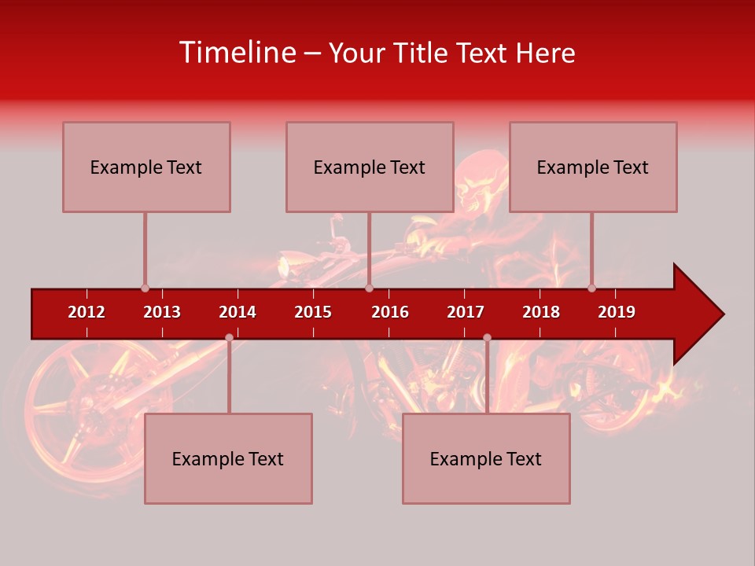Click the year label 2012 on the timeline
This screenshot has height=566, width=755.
click(87, 312)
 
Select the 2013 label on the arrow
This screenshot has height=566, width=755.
click(162, 312)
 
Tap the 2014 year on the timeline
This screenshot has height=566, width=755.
click(238, 312)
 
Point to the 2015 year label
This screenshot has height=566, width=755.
click(313, 312)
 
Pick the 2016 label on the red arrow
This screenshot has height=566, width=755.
click(390, 312)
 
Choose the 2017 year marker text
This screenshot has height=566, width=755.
click(466, 312)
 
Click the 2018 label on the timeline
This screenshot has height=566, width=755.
click(541, 312)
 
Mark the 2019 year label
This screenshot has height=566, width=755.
click(617, 312)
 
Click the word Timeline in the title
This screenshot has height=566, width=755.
click(236, 53)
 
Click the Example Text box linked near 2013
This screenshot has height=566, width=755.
click(146, 167)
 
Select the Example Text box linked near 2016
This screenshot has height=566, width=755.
click(370, 167)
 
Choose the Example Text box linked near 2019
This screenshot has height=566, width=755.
click(593, 167)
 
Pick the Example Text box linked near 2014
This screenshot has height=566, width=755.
click(228, 458)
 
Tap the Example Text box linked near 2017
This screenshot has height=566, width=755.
click(486, 458)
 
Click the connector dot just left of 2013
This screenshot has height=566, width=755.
click(145, 288)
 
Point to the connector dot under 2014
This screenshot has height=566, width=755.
click(229, 337)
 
